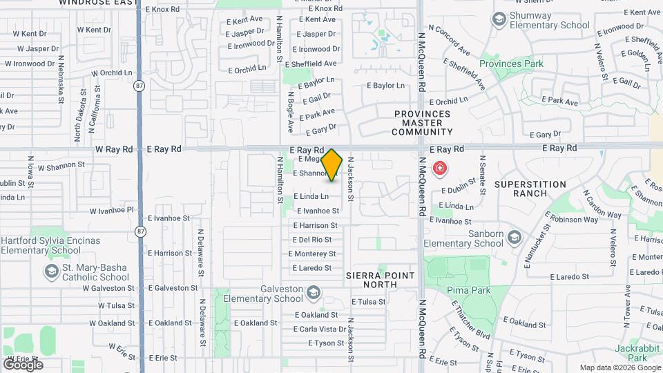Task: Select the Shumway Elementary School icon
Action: (498, 19)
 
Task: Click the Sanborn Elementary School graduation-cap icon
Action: (514, 238)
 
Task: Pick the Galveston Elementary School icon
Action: (314, 294)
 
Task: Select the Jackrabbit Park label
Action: (633, 352)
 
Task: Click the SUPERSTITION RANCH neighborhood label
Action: (530, 190)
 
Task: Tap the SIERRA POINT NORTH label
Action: (381, 280)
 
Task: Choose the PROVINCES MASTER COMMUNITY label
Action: (423, 123)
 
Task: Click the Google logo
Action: (23, 364)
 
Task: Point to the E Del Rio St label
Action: (312, 240)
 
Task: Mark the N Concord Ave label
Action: (450, 41)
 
